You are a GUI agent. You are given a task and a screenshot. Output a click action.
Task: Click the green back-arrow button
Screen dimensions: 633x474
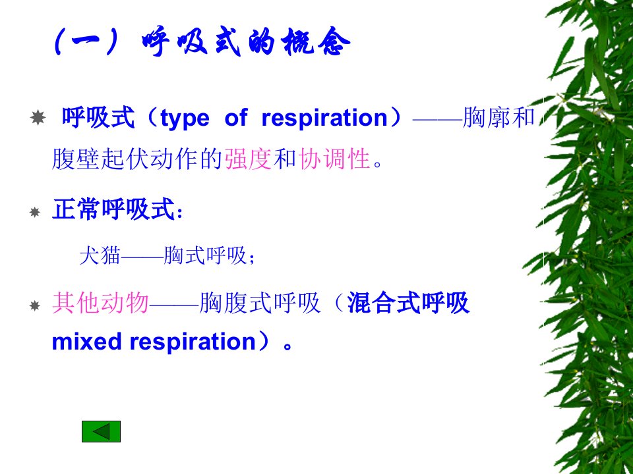point(101,431)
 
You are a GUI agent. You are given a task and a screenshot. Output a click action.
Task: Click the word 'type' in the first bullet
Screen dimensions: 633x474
point(185,118)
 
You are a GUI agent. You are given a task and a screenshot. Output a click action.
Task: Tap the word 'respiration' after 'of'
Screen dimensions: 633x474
point(324,118)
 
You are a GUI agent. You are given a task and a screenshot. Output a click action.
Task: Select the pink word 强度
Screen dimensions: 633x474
point(248,159)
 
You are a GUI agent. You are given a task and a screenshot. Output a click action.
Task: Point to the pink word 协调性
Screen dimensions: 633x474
point(335,159)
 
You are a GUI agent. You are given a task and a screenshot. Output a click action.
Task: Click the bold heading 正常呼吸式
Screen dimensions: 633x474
point(113,209)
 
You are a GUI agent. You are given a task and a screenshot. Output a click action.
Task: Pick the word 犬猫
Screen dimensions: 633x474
point(100,255)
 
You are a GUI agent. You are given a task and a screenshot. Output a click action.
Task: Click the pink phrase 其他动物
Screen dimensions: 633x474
point(100,302)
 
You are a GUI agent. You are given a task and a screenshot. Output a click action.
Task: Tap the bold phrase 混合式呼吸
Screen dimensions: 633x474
point(408,302)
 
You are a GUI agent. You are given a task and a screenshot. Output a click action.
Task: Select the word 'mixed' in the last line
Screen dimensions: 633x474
point(86,342)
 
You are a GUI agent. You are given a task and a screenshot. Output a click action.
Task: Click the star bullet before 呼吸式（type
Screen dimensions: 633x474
point(38,118)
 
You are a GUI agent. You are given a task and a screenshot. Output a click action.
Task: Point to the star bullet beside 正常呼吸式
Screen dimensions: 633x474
point(35,212)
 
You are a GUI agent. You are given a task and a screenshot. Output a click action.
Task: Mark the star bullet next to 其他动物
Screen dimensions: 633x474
point(35,305)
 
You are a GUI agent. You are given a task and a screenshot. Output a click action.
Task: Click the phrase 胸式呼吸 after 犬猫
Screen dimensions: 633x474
point(205,255)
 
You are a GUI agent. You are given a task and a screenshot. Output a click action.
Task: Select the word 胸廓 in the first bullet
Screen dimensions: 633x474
point(486,118)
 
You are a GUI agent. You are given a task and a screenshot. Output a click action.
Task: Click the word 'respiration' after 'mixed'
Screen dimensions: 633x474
point(193,342)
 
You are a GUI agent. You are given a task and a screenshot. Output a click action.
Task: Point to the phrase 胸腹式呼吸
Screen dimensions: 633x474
point(260,302)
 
